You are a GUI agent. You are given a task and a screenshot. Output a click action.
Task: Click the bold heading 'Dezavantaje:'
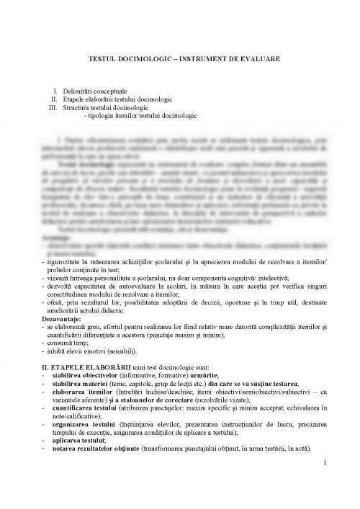coord(63,317)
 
